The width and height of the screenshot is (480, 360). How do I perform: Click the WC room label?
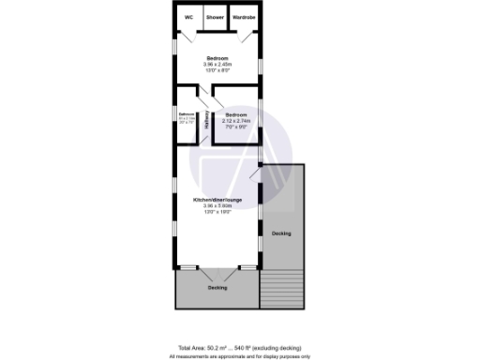coord(188,18)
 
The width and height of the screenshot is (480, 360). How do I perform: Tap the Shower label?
coord(216,18)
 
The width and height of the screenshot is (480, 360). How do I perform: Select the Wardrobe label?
coord(244,18)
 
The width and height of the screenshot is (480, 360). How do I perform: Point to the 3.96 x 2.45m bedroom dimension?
coord(217,64)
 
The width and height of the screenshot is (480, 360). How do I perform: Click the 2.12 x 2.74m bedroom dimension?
coord(235,121)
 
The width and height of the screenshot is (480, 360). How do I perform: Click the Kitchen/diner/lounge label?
coord(217,201)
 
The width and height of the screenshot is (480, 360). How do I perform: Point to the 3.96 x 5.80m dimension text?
coord(217,206)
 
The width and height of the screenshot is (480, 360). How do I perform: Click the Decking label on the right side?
coord(281,232)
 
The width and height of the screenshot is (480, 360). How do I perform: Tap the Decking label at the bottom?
coord(217,288)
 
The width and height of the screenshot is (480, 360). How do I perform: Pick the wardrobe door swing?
coord(246,35)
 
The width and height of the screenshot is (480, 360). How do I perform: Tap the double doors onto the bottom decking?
coord(217,272)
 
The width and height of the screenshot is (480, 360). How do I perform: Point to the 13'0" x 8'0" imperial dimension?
coord(217,70)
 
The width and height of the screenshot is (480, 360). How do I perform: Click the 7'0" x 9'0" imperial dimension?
coord(235,127)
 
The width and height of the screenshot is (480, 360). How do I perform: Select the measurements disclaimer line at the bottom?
coord(240,356)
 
